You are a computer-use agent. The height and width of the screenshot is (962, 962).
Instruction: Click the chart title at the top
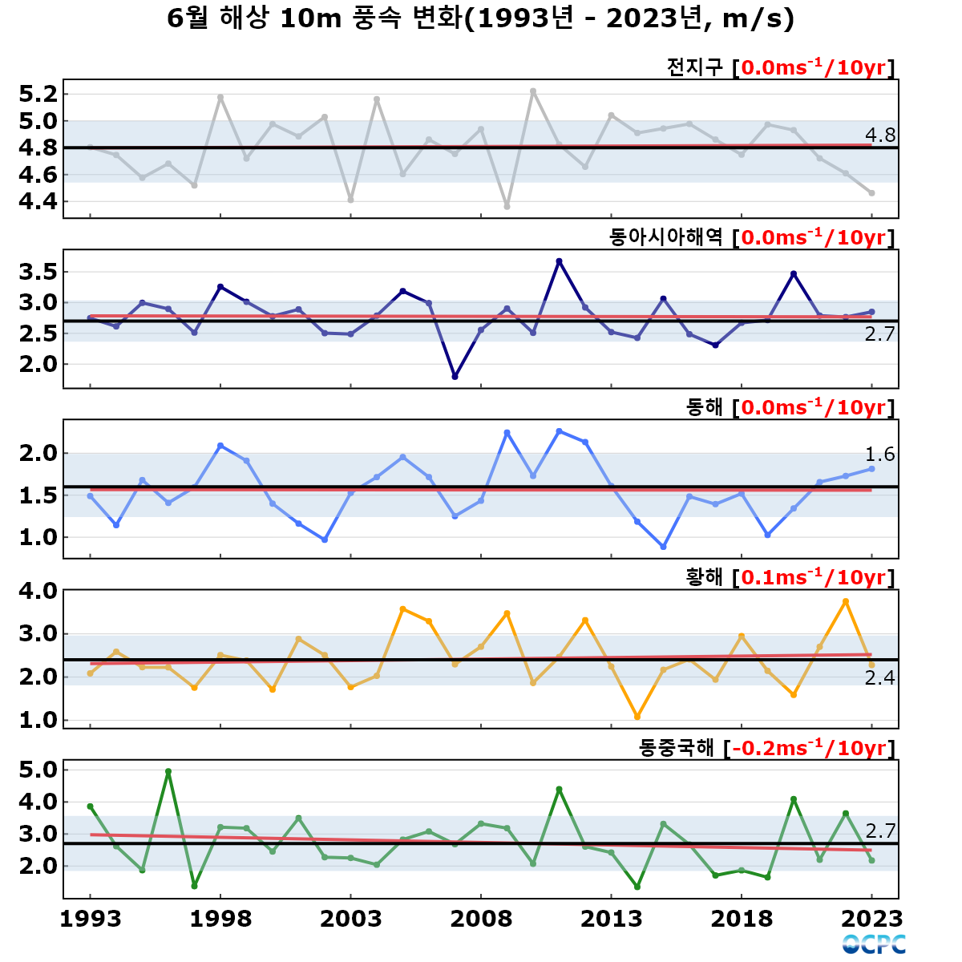pyautogui.click(x=480, y=19)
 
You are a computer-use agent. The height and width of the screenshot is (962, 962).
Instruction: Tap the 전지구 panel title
pyautogui.click(x=694, y=67)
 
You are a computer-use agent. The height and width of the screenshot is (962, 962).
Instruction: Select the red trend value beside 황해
pyautogui.click(x=813, y=577)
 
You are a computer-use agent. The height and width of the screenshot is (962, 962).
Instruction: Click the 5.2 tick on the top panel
pyautogui.click(x=38, y=94)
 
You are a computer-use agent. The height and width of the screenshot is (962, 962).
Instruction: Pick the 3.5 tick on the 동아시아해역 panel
pyautogui.click(x=38, y=272)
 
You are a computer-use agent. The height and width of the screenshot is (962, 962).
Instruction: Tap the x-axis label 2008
pyautogui.click(x=481, y=919)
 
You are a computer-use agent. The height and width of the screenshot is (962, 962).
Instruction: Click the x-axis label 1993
pyautogui.click(x=91, y=919)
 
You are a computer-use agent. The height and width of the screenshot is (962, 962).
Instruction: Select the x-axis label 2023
pyautogui.click(x=871, y=919)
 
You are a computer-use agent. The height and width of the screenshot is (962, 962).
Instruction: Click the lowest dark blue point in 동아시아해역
pyautogui.click(x=455, y=377)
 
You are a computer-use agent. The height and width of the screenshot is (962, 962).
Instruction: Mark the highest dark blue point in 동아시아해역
pyautogui.click(x=559, y=261)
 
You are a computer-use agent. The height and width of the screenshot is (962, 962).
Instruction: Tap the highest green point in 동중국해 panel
pyautogui.click(x=168, y=771)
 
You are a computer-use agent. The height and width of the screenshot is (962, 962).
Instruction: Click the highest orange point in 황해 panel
pyautogui.click(x=846, y=601)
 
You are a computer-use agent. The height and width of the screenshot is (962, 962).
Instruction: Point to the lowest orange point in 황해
pyautogui.click(x=637, y=717)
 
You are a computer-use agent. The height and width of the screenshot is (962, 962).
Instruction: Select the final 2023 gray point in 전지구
pyautogui.click(x=871, y=193)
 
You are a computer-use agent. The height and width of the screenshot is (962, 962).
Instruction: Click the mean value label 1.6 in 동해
pyautogui.click(x=880, y=455)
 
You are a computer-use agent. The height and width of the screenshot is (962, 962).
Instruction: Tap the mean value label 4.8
pyautogui.click(x=880, y=135)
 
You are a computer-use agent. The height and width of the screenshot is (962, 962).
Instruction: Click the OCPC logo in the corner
pyautogui.click(x=874, y=944)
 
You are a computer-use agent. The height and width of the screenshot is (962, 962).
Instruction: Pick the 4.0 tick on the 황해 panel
pyautogui.click(x=38, y=591)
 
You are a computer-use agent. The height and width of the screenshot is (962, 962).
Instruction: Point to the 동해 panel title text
pyautogui.click(x=704, y=407)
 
